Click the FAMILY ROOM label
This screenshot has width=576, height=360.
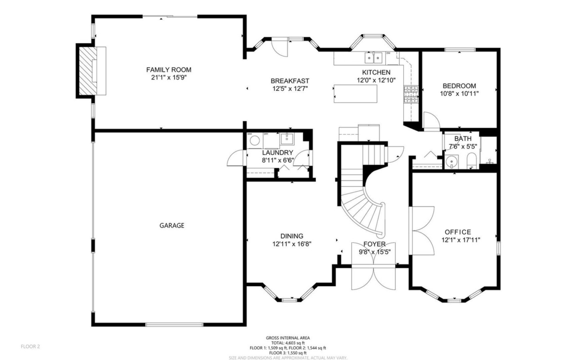click(x=169, y=70)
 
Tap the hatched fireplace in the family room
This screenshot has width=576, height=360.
click(x=87, y=71)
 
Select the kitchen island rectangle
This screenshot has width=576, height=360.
click(x=355, y=94)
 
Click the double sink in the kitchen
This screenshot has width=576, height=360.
click(x=373, y=58)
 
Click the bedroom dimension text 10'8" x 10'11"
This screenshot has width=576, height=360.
click(x=459, y=94)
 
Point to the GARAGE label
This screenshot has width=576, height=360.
click(x=172, y=226)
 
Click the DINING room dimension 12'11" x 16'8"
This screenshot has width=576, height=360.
click(x=291, y=244)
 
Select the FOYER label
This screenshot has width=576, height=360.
click(x=374, y=244)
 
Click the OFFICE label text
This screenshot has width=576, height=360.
click(x=458, y=232)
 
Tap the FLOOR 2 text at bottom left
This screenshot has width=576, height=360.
click(x=30, y=346)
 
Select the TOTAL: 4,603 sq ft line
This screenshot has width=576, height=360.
click(x=288, y=343)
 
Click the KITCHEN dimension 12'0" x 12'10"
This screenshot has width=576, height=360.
click(x=376, y=80)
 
